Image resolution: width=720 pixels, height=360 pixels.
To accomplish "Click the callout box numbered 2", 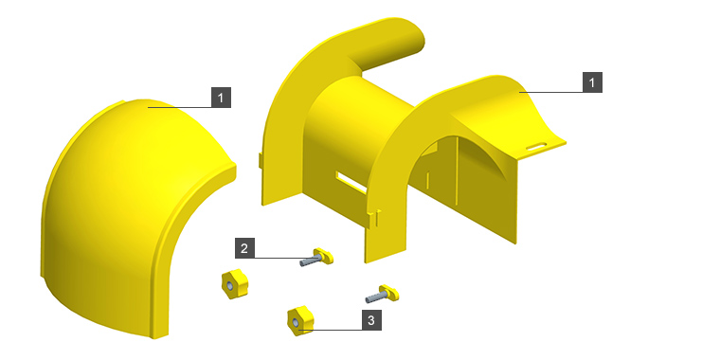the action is point(244,248).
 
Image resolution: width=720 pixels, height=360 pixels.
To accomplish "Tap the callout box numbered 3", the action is point(371,320).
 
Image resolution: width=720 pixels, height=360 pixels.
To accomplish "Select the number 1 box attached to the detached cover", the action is point(221,98).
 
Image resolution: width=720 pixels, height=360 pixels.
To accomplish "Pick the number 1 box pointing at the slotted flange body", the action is point(592,82).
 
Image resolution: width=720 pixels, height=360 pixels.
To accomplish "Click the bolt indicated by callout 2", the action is point(316,257).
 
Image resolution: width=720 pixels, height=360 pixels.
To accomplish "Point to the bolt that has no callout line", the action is point(382,294).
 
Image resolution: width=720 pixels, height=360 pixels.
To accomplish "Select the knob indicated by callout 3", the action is point(300,320).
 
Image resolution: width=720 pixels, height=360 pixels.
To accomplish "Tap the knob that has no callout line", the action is point(234,284).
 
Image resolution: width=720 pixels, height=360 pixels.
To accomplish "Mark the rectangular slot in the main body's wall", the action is point(351,182).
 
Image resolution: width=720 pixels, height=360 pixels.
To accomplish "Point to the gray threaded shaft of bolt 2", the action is point(308,261).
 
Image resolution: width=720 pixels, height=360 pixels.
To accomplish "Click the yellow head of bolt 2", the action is point(324,255).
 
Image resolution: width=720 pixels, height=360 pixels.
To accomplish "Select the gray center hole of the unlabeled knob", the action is point(229,285).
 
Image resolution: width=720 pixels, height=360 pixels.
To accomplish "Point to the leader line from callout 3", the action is point(331,330).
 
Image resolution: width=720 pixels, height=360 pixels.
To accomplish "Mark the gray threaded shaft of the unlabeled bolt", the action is point(374,297).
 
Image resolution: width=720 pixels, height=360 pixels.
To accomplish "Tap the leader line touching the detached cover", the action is point(180,107).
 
